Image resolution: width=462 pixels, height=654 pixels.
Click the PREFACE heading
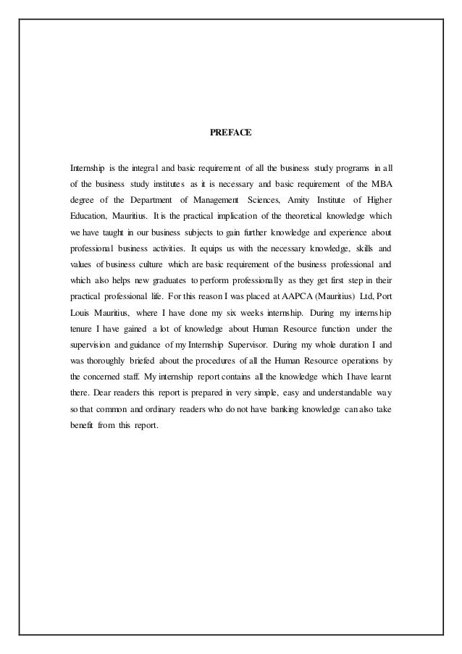tap(230, 133)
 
